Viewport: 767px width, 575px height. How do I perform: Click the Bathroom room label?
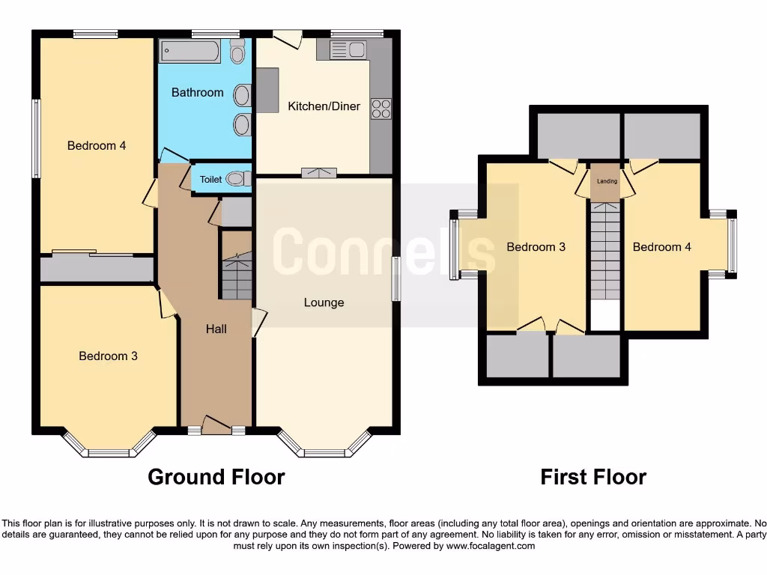(x=197, y=93)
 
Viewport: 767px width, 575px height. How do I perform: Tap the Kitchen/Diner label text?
(x=324, y=106)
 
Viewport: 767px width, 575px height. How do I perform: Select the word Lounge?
(x=324, y=302)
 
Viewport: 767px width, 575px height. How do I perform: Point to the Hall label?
(x=216, y=329)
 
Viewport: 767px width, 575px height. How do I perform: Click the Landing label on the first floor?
(x=607, y=181)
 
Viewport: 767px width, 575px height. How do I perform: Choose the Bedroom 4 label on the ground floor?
(x=97, y=145)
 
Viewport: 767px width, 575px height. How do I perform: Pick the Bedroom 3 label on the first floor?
(x=536, y=247)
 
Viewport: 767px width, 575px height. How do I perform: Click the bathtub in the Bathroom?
(x=190, y=52)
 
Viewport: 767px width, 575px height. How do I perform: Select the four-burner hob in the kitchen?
(x=381, y=108)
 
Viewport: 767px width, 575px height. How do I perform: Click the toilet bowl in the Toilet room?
(x=237, y=179)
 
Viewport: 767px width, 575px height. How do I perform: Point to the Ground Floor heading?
(x=216, y=477)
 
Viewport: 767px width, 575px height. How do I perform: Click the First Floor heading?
(x=593, y=477)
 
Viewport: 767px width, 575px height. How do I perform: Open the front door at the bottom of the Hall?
(x=216, y=428)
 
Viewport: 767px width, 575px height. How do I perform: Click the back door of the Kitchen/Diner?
(x=288, y=37)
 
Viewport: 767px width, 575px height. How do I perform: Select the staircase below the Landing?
(x=605, y=251)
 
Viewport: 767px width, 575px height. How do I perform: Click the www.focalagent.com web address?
(x=490, y=546)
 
